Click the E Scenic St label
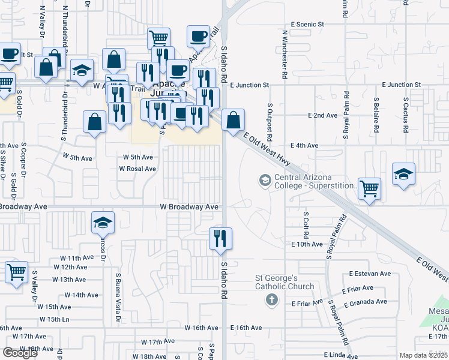pos(307,25)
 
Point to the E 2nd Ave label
pos(322,115)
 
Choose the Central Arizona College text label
pos(315,182)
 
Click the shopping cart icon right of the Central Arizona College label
pos(369,188)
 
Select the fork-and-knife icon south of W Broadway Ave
pos(220,238)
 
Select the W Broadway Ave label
pos(189,207)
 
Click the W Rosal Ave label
pos(137,169)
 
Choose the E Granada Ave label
pos(366,302)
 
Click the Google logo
pos(20,353)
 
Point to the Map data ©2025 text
pos(423,355)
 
